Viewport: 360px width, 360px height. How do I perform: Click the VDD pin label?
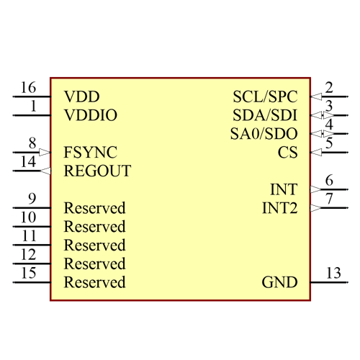[x=81, y=96]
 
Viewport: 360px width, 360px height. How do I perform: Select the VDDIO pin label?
[x=91, y=115]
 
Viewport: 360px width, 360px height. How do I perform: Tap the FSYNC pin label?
[x=90, y=153]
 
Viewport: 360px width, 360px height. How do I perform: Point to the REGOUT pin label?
[x=97, y=171]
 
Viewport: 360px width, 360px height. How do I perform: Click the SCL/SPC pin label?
[x=265, y=96]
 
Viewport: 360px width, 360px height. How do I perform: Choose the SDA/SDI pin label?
[x=265, y=115]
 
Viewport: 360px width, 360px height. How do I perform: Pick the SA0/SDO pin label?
[x=264, y=134]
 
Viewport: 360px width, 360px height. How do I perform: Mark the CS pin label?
[x=287, y=153]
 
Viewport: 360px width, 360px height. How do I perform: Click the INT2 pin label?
[x=279, y=209]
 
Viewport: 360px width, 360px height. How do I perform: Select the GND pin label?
[x=279, y=282]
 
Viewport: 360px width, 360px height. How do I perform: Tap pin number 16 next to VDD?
[x=28, y=88]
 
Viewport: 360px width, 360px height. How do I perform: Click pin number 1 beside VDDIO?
[x=33, y=107]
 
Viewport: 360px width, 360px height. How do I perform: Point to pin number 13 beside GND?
[x=333, y=274]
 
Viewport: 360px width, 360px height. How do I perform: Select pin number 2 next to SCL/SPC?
[x=329, y=88]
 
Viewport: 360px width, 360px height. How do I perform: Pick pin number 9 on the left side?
[x=32, y=199]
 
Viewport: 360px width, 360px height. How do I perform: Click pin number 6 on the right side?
[x=329, y=181]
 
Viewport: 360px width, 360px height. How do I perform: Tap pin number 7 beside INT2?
[x=329, y=199]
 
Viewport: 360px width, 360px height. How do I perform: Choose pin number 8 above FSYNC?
[x=32, y=143]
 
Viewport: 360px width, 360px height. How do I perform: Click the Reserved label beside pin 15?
[x=94, y=282]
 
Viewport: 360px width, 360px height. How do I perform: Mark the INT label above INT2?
[x=284, y=190]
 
